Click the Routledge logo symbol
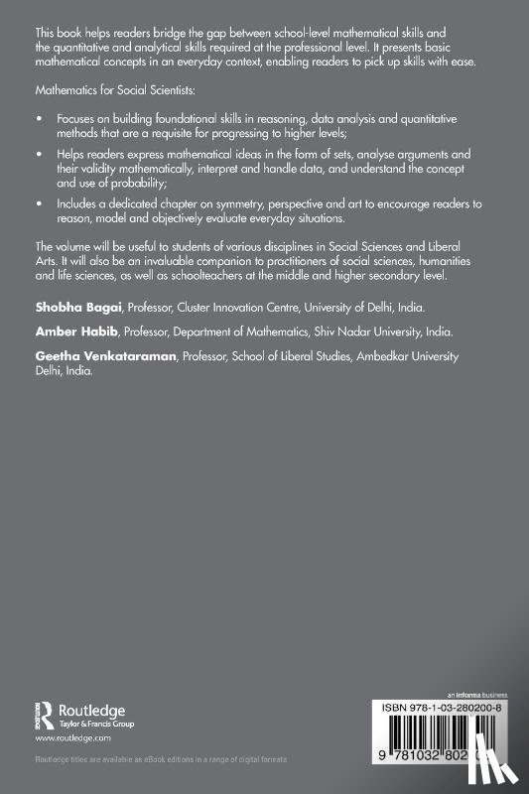(x=44, y=714)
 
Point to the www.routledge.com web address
(x=70, y=739)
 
